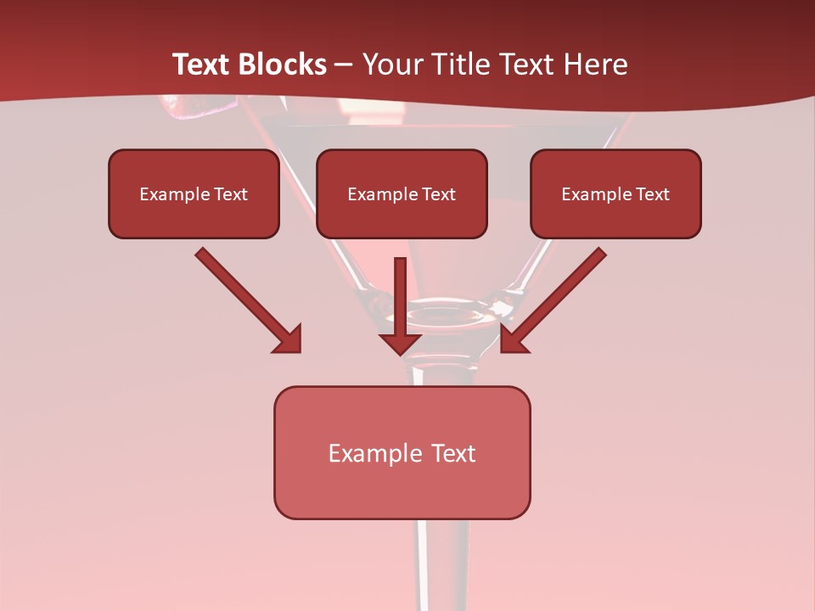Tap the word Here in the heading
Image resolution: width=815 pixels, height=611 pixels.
[x=594, y=64]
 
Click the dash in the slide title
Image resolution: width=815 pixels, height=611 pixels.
[x=344, y=65]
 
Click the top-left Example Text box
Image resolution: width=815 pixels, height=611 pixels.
[x=194, y=193]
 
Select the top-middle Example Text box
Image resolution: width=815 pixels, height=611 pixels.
[x=402, y=193]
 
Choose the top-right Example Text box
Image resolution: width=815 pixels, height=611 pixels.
[x=615, y=193]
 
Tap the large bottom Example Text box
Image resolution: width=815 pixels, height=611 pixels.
[x=402, y=452]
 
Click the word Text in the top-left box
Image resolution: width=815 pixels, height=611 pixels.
[x=231, y=194]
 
